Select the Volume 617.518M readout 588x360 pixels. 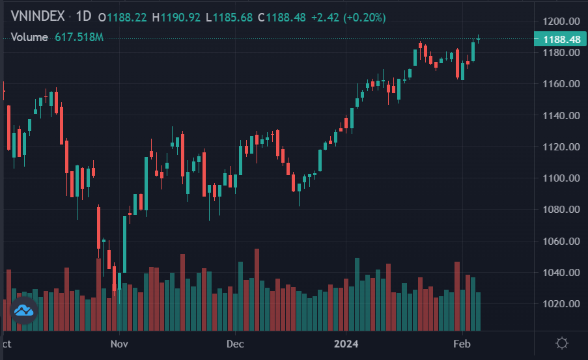pyautogui.click(x=57, y=37)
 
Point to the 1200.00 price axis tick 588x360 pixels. pyautogui.click(x=561, y=21)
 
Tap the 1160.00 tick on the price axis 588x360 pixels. pyautogui.click(x=561, y=84)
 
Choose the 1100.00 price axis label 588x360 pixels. pyautogui.click(x=561, y=178)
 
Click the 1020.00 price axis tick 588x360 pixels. pyautogui.click(x=561, y=304)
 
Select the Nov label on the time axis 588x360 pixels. pyautogui.click(x=119, y=342)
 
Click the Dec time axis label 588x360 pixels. pyautogui.click(x=235, y=342)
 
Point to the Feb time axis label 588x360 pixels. pyautogui.click(x=461, y=342)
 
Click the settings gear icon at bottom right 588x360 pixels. pyautogui.click(x=562, y=343)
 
